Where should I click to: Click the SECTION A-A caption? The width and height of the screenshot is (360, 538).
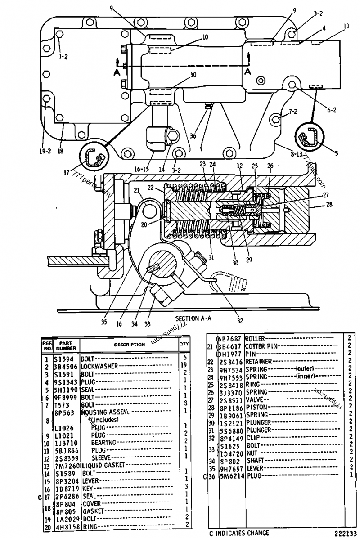[194, 318]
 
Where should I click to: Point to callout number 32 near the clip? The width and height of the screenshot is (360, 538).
[239, 321]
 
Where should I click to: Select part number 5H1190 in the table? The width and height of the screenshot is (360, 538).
[67, 390]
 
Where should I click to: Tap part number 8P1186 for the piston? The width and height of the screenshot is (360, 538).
[231, 407]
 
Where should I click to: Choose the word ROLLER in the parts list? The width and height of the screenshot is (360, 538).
[255, 338]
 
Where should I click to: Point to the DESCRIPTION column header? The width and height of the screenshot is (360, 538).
[129, 345]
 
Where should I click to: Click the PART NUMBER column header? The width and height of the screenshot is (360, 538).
[66, 345]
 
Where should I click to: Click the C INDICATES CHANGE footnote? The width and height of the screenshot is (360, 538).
[238, 533]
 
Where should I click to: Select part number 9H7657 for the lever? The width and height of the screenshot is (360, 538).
[231, 468]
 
